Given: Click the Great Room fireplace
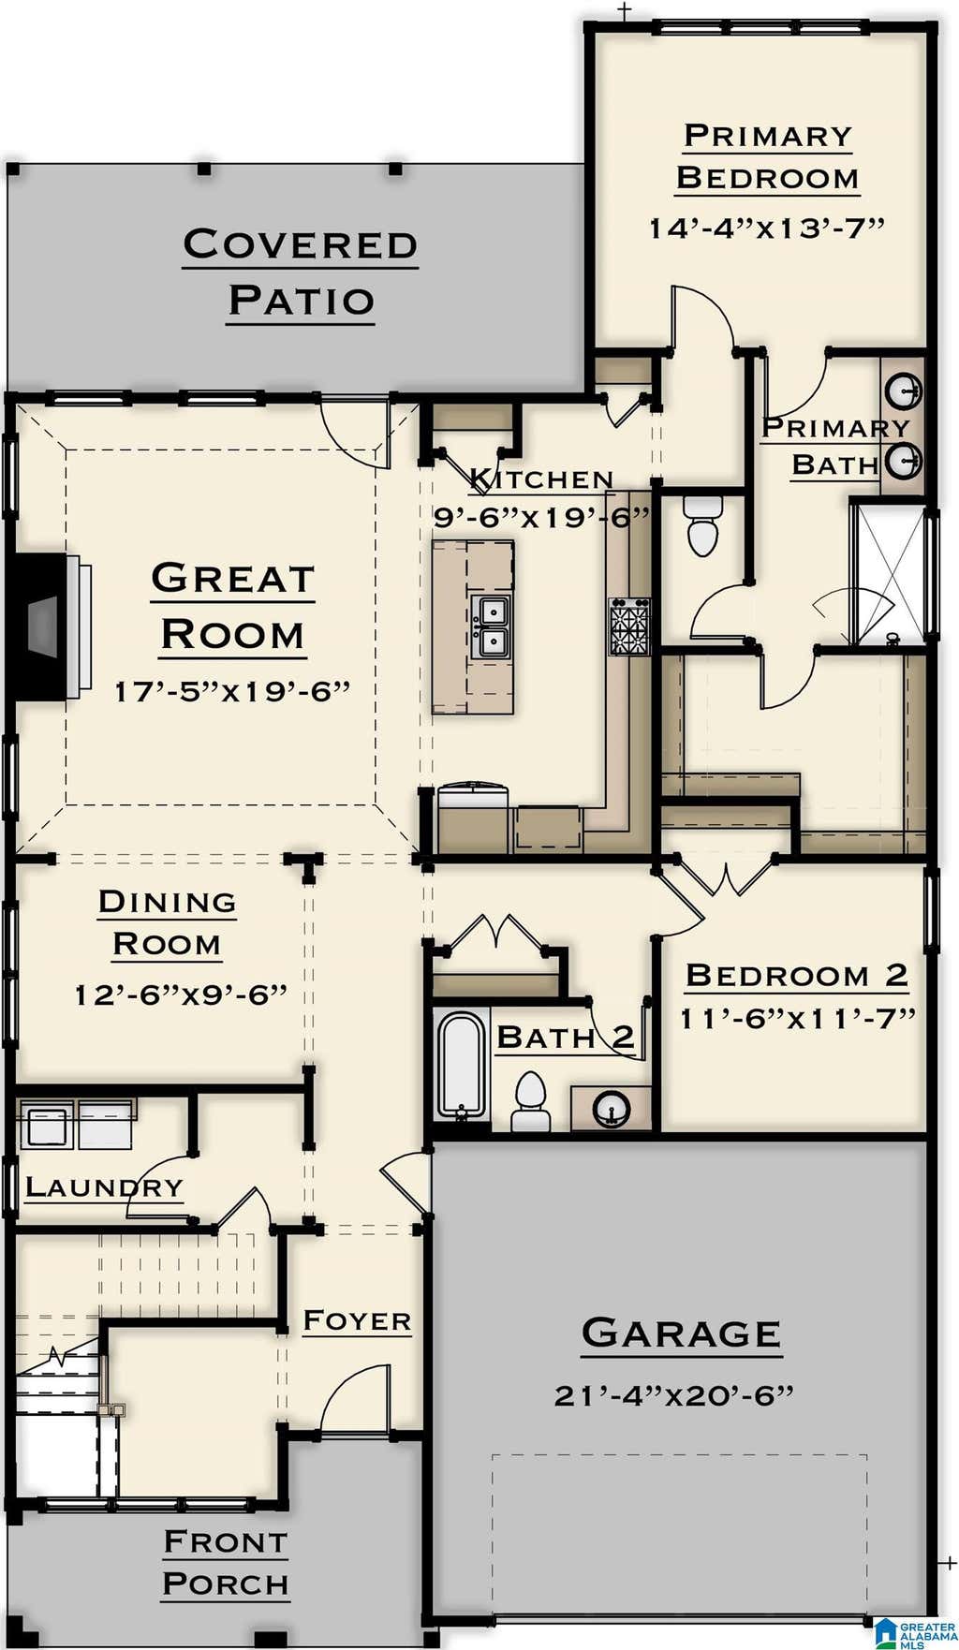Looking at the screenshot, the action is coord(47,626).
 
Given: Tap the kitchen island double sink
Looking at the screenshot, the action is coord(490,626).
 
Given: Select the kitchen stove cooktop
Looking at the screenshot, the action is coord(629,626).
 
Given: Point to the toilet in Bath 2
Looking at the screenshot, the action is coord(529,1102).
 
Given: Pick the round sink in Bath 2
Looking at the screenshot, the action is coord(612,1109).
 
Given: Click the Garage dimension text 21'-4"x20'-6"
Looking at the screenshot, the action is coord(674,1395).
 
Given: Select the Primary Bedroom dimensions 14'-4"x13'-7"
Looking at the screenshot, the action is coord(767,228).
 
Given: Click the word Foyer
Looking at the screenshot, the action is coord(357,1320).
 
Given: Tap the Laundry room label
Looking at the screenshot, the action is coord(104,1187).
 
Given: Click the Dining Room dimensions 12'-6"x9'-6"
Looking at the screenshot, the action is coord(181,994).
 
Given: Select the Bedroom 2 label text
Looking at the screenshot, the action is coord(797,975).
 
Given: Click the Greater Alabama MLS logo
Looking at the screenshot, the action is coord(916,1632).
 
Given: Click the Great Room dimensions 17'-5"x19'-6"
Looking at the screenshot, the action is coord(232,691).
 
